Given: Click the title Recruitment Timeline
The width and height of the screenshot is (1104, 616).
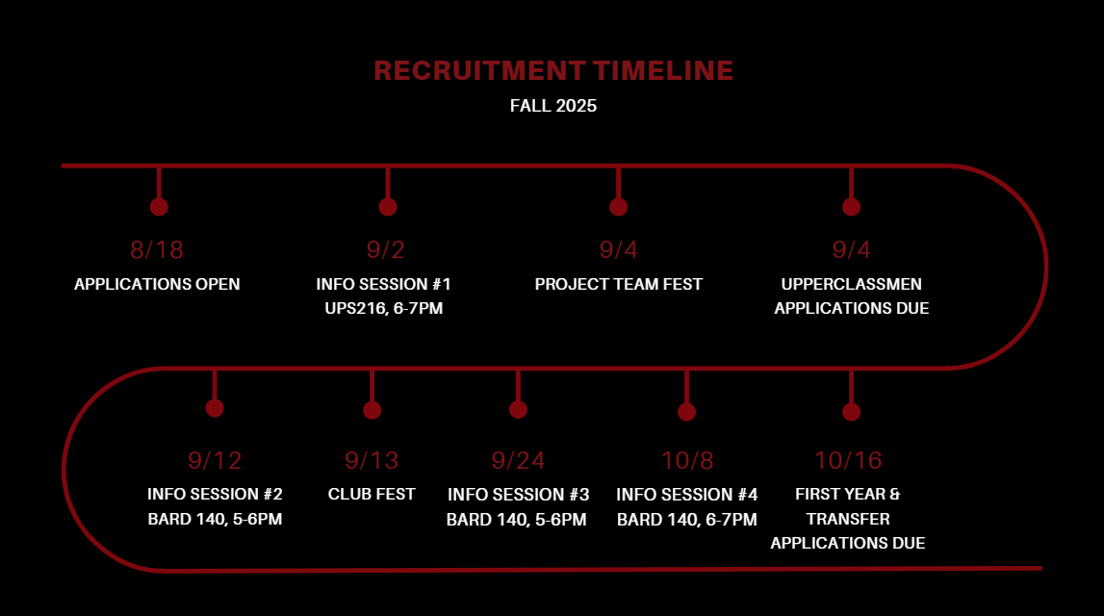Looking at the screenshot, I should point(553,71).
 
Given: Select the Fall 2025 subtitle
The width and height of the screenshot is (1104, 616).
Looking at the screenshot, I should point(553,106).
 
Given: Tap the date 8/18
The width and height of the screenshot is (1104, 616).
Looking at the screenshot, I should point(157,250).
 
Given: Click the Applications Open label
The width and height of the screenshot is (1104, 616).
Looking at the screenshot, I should point(157,285).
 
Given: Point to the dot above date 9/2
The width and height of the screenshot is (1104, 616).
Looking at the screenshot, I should point(388,207).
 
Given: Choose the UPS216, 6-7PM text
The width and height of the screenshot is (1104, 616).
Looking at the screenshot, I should point(384,309).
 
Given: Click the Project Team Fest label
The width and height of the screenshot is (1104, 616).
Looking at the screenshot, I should point(619,285).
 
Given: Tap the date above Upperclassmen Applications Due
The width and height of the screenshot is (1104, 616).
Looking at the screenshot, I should point(851,250).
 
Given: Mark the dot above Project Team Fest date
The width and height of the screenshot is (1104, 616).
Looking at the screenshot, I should point(619,207).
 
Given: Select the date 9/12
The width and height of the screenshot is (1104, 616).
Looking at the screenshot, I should point(215,461).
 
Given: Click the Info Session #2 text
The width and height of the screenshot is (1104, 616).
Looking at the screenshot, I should point(215,495).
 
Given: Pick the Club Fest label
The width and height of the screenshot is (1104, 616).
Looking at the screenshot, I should point(372,495).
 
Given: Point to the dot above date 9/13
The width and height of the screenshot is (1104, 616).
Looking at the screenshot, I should point(372,410).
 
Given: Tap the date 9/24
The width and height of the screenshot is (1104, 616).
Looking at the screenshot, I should point(518,461).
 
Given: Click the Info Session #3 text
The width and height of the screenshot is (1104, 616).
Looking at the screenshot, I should point(518,495).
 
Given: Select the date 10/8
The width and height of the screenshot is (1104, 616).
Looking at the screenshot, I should point(687,461).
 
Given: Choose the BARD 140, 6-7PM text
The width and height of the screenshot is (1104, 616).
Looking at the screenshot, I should point(687,520).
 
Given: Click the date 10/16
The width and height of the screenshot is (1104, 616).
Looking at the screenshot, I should point(848,461).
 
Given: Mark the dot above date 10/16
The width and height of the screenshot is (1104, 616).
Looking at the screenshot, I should point(851,412).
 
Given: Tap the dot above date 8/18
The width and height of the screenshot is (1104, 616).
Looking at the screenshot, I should point(159,207).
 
